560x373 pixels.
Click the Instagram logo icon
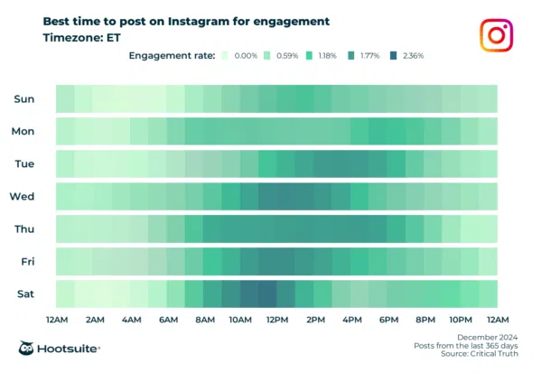495,36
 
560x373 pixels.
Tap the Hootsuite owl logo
28,349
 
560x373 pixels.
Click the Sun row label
24,98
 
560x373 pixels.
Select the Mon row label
23,131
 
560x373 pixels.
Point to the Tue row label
24,163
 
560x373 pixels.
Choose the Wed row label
23,196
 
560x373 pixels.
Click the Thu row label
24,228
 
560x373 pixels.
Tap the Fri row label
26,261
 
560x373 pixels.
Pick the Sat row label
25,294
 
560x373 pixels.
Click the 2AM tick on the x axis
94,320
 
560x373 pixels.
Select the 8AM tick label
204,320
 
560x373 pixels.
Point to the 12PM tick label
277,320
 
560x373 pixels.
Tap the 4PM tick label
351,320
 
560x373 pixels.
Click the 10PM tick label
461,320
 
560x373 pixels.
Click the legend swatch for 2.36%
394,56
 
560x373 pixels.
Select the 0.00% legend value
246,56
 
